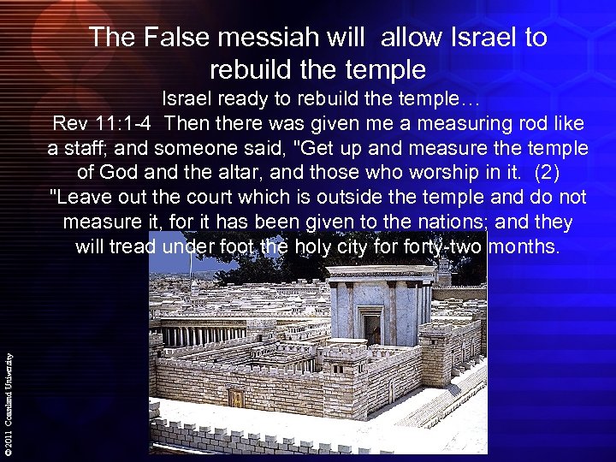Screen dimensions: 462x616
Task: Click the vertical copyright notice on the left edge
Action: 9,393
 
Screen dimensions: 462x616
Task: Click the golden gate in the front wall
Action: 237,399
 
